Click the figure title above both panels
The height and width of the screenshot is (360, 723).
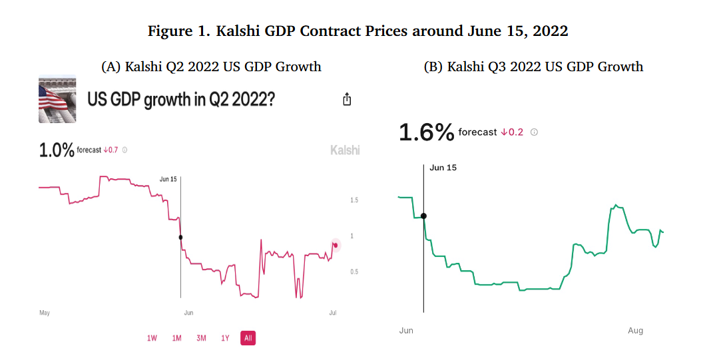(x=358, y=31)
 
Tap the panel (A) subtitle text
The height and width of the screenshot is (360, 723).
(x=211, y=67)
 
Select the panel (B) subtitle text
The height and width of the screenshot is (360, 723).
(x=533, y=67)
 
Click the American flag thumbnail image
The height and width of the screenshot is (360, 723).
(x=57, y=100)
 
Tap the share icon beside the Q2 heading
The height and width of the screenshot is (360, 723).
(x=346, y=99)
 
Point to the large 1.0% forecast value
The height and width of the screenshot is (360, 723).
(x=57, y=150)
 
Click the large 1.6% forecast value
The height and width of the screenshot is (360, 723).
(x=426, y=132)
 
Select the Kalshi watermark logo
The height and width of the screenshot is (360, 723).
(x=345, y=150)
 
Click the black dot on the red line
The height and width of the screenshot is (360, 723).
(x=180, y=237)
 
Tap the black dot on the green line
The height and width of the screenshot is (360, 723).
(x=423, y=216)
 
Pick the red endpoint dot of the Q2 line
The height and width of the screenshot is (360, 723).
(x=336, y=245)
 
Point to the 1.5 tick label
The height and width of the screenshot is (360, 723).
(x=355, y=200)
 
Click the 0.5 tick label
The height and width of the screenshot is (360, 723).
(x=355, y=271)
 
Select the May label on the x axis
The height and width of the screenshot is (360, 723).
(x=45, y=312)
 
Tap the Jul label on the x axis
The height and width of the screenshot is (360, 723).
(x=332, y=312)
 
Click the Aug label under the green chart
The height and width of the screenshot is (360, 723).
(x=635, y=331)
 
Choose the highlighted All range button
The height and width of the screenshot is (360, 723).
(x=248, y=338)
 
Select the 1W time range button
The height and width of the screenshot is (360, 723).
(x=152, y=338)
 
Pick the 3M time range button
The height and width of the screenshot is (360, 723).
(x=201, y=338)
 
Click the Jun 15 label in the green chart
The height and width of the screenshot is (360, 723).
(x=443, y=168)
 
